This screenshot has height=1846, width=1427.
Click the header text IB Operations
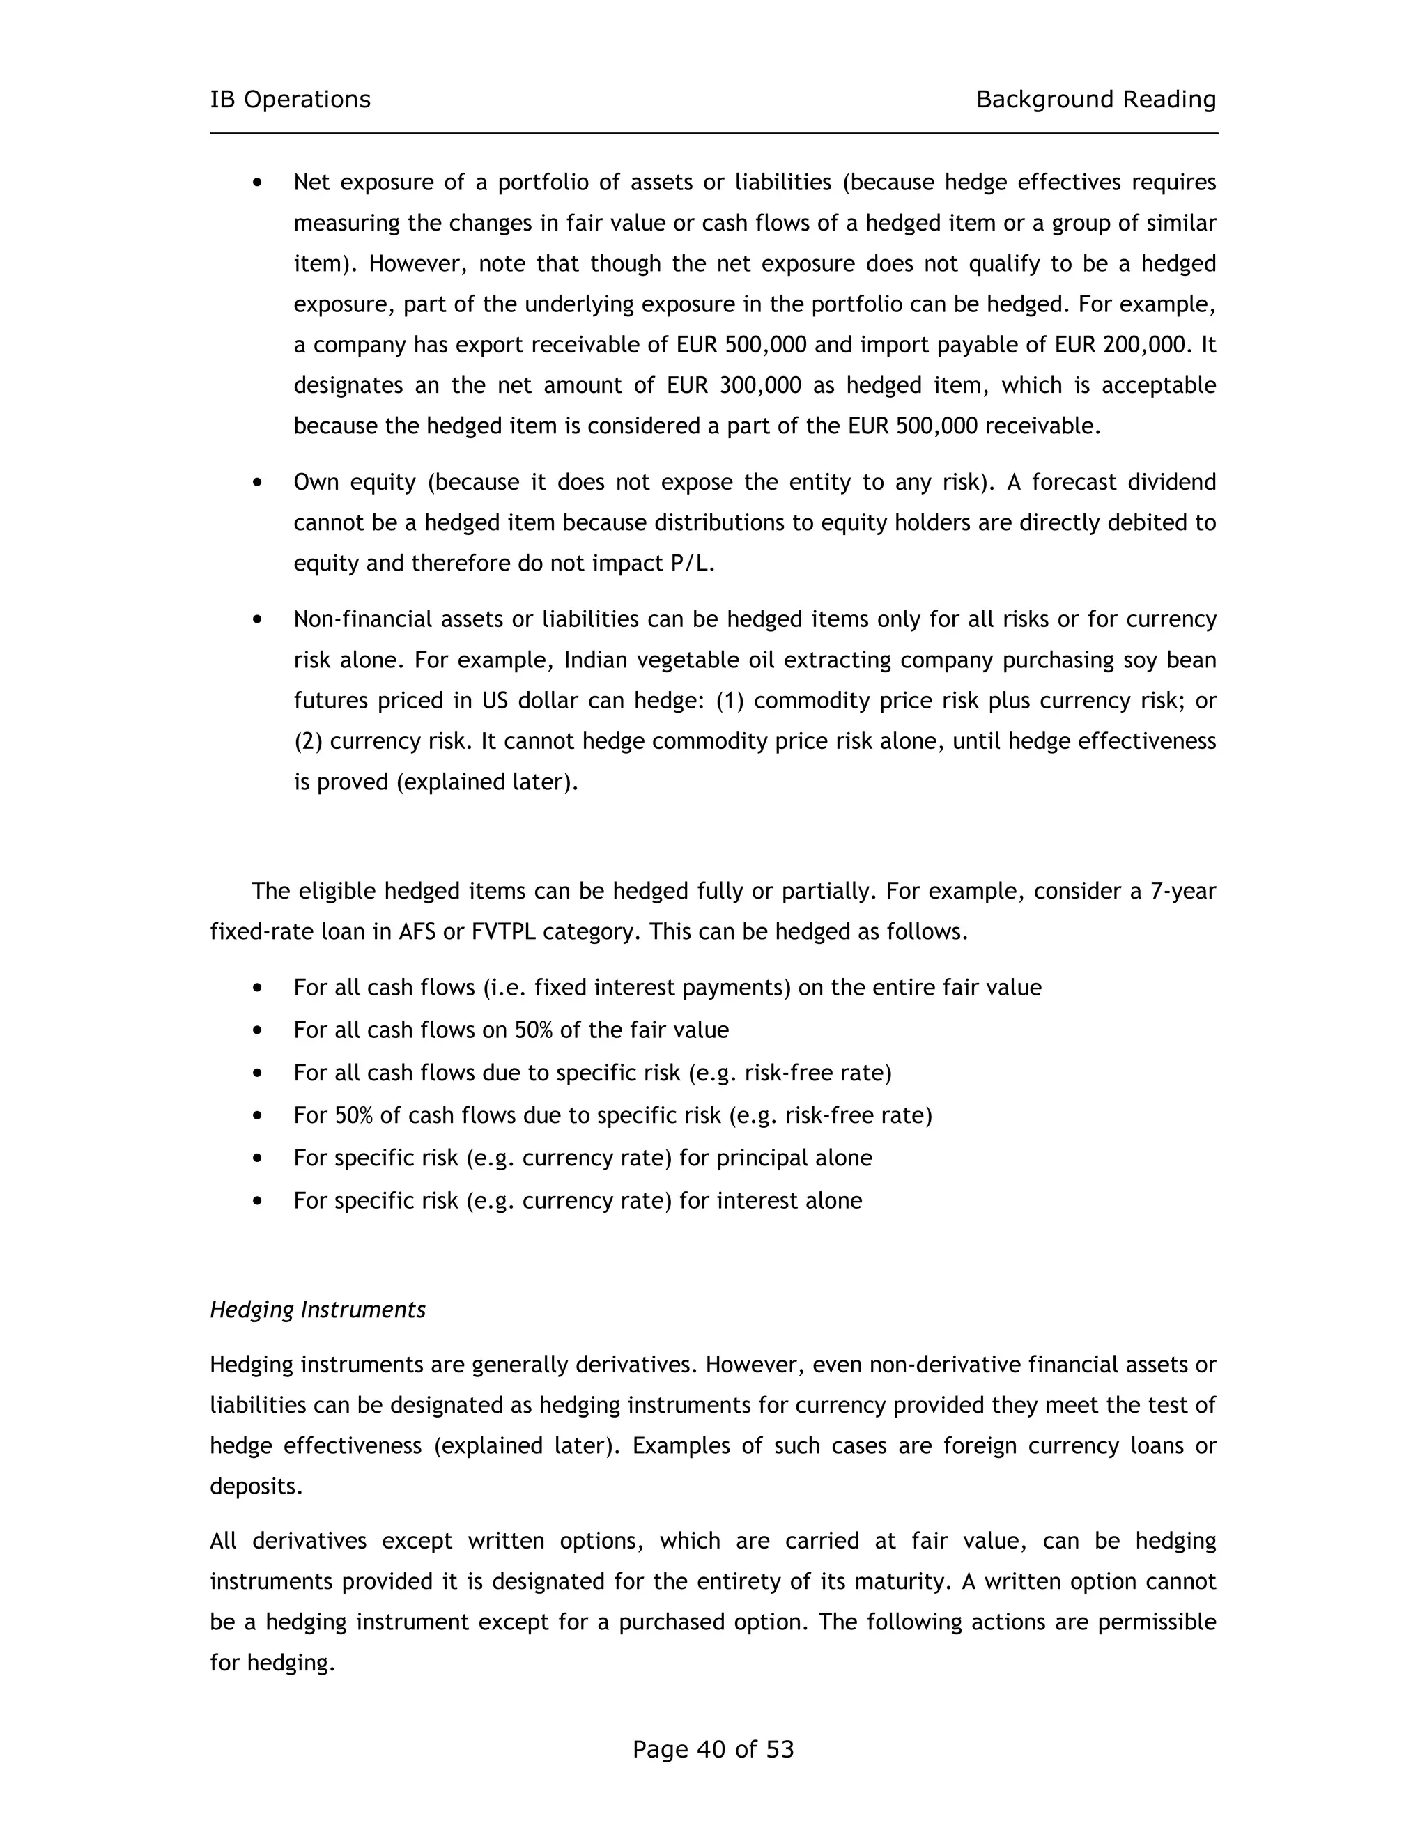click(x=290, y=100)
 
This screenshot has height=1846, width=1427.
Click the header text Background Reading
click(x=1095, y=100)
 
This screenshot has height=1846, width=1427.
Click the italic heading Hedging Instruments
click(x=317, y=1310)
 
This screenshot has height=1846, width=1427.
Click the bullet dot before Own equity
click(x=258, y=483)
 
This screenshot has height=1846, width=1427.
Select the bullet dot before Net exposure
click(x=258, y=183)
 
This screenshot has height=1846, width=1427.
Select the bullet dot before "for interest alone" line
click(x=258, y=1200)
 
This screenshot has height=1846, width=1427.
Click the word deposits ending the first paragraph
click(x=255, y=1487)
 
